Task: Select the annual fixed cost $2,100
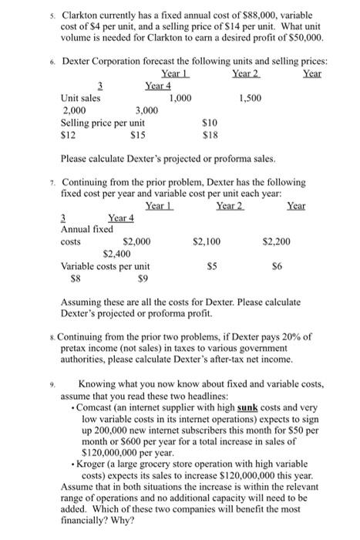pos(209,241)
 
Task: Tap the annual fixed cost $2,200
pos(275,241)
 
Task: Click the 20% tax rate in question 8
pos(296,337)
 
